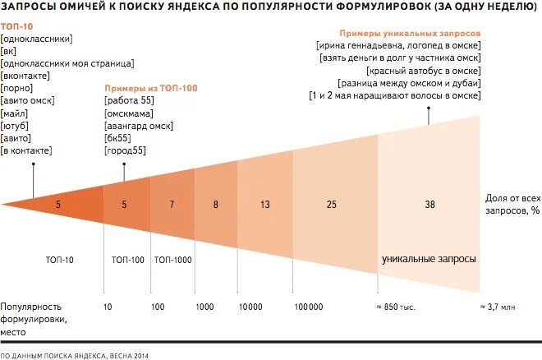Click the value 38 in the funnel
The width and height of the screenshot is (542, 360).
429,203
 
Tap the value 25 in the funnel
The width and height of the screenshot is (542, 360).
331,203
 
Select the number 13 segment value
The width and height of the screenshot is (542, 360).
264,203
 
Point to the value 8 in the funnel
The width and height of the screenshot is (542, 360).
216,203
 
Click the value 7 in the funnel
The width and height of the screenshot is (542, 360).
172,203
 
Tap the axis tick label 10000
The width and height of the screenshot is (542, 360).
250,306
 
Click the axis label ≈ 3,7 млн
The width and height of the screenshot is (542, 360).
497,306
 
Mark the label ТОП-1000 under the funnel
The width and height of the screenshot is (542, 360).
172,260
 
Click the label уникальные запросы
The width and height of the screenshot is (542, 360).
429,259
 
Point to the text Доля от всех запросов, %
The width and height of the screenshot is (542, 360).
512,205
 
